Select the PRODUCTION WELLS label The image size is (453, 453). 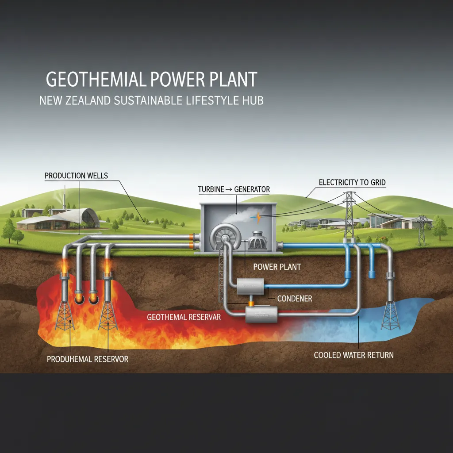point(76,176)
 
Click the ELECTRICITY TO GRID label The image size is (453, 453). point(352,182)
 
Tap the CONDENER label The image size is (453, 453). point(294,299)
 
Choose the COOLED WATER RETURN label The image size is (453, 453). point(353,355)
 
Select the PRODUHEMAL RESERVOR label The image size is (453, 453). point(87,359)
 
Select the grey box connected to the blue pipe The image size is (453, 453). point(250,287)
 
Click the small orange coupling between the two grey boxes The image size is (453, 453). point(251,303)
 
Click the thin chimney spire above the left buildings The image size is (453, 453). point(65,197)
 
